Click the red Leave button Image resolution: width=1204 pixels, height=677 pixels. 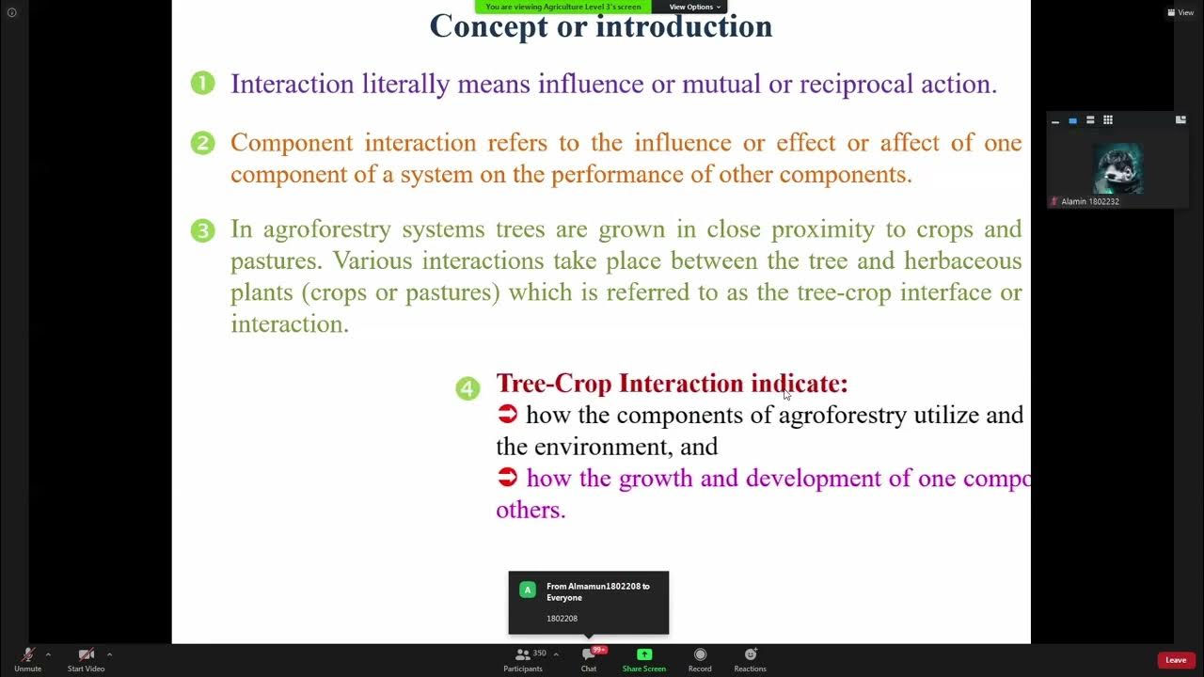tap(1176, 660)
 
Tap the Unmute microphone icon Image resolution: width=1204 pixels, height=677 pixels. tap(27, 654)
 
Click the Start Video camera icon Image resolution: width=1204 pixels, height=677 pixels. tap(86, 654)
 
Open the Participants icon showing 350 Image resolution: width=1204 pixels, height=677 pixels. tap(523, 654)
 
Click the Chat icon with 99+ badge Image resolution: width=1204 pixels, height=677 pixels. tap(589, 654)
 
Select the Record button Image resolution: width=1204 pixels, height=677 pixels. tap(700, 654)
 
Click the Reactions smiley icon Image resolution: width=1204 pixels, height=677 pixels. tap(751, 654)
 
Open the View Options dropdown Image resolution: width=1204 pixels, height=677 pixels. tap(694, 7)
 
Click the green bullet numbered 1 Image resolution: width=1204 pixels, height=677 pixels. tap(202, 84)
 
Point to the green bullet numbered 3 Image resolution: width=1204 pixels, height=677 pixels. tap(202, 230)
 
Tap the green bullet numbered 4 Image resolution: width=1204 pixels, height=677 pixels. tap(467, 388)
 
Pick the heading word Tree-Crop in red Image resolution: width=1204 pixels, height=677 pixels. tap(554, 384)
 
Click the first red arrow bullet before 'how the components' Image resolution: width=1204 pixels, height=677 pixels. tap(508, 414)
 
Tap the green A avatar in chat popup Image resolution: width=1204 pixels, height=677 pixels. tap(528, 590)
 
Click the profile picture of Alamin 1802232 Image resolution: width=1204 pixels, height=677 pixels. tap(1117, 169)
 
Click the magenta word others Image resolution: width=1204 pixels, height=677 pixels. tap(531, 510)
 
